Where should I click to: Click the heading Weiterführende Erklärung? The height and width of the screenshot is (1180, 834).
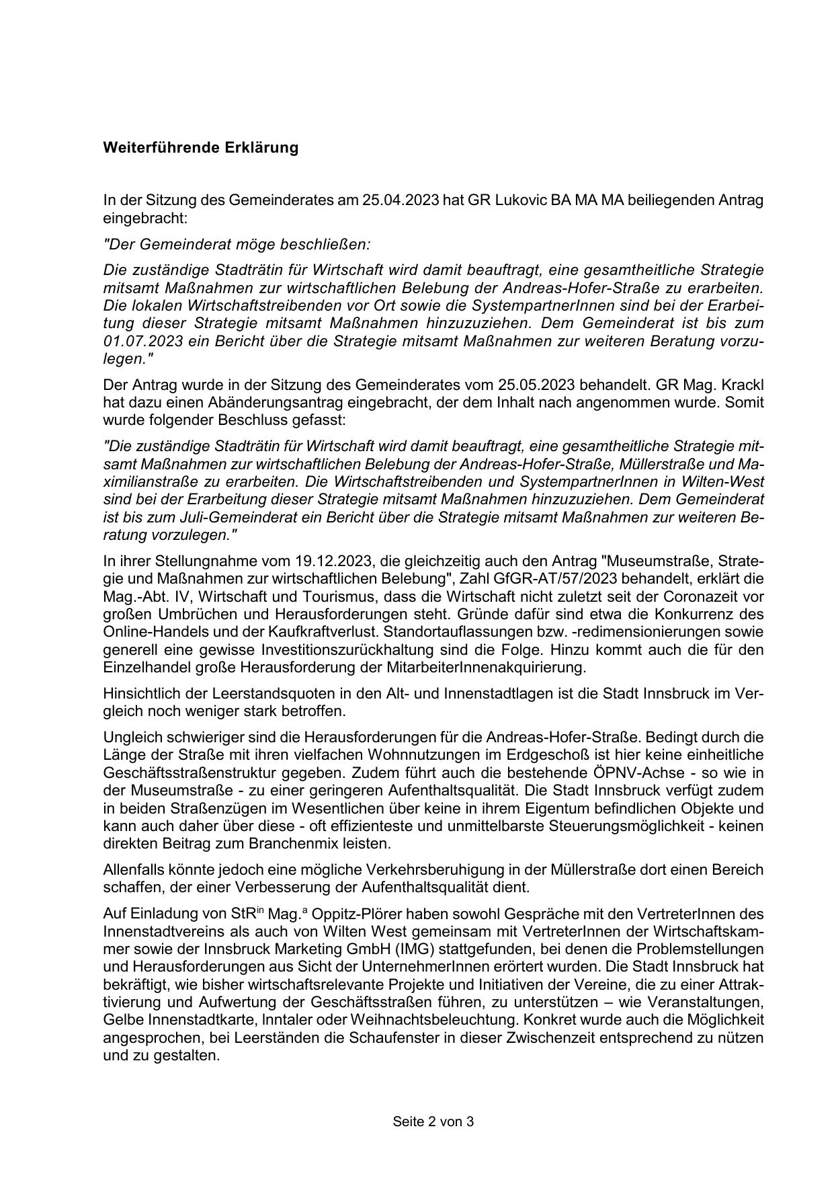(x=200, y=148)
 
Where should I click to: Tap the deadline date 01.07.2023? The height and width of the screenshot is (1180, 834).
(x=140, y=341)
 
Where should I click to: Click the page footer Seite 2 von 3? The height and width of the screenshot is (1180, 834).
(x=433, y=1122)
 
